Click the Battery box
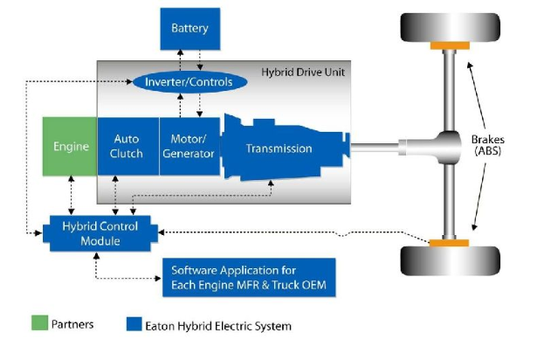(x=189, y=28)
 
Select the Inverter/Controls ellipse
(x=184, y=83)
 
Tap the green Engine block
(x=69, y=146)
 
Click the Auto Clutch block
(x=127, y=146)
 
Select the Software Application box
(x=250, y=278)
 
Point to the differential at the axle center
(x=449, y=146)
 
